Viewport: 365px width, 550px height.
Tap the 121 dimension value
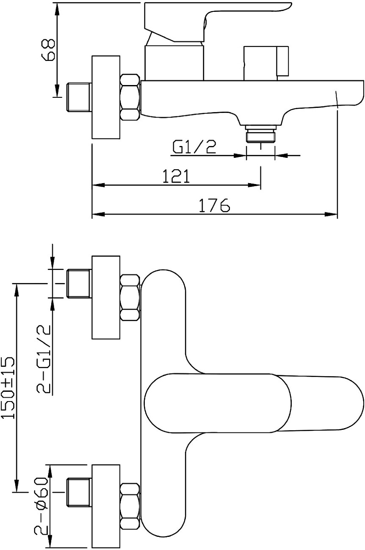pyautogui.click(x=176, y=176)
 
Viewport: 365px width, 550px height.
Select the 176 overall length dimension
pyautogui.click(x=214, y=206)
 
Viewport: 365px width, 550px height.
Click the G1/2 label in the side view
pyautogui.click(x=194, y=147)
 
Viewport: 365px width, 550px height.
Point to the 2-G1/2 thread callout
pyautogui.click(x=44, y=359)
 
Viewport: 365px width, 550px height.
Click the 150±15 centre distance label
pyautogui.click(x=8, y=388)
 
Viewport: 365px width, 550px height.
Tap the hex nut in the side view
pyautogui.click(x=130, y=97)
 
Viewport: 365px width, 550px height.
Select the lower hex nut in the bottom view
pyautogui.click(x=130, y=506)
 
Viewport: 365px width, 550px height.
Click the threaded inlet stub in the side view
pyautogui.click(x=79, y=97)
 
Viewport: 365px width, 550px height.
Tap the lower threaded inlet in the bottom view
pyautogui.click(x=79, y=492)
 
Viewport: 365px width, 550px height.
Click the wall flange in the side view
pyautogui.click(x=106, y=97)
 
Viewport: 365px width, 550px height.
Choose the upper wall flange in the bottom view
pyautogui.click(x=106, y=297)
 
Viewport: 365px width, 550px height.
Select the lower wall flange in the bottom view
pyautogui.click(x=106, y=506)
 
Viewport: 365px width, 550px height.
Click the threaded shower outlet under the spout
pyautogui.click(x=260, y=135)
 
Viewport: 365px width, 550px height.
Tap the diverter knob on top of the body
pyautogui.click(x=266, y=63)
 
